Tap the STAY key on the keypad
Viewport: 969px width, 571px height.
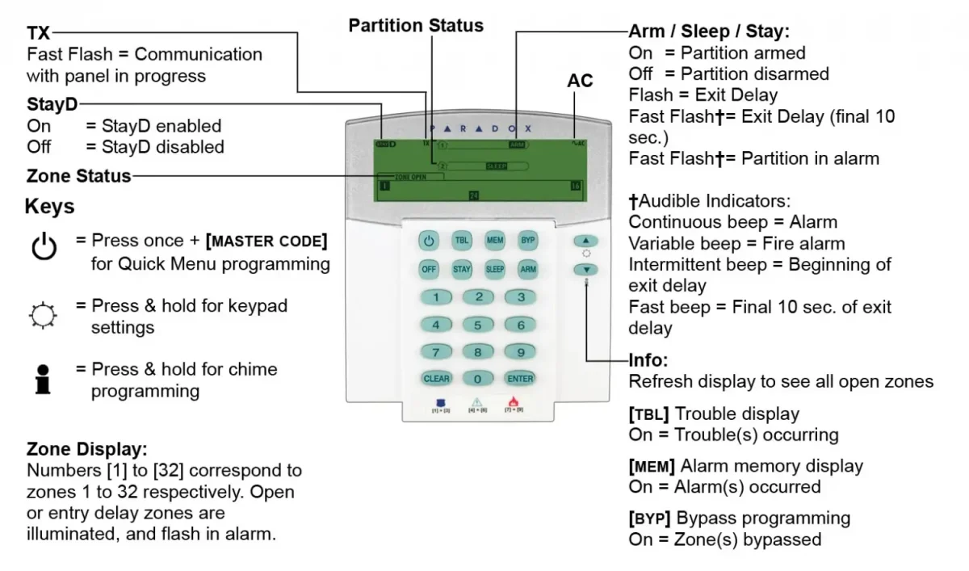tap(462, 269)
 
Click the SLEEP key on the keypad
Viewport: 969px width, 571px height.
tap(494, 269)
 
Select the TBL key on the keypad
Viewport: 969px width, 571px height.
tap(462, 241)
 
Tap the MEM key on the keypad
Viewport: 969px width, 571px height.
tap(494, 241)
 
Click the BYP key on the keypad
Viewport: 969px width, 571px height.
tap(527, 241)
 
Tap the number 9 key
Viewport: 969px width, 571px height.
tap(521, 352)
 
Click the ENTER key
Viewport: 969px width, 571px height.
tap(521, 378)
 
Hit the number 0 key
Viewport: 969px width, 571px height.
tap(478, 378)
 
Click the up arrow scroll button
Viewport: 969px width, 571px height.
tap(587, 241)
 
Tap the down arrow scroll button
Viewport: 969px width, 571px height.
tap(587, 269)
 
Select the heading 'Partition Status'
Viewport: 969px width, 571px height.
tap(416, 26)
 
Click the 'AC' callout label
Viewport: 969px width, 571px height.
tap(580, 81)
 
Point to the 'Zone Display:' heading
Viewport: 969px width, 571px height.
tap(87, 449)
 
